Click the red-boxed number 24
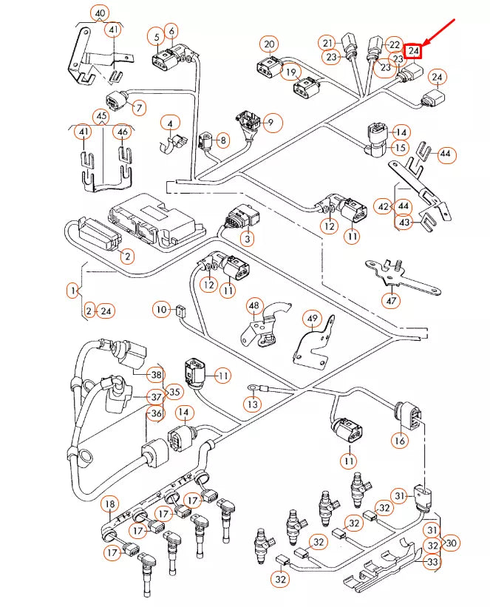coord(414,51)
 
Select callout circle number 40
coord(100,13)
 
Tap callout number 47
coord(390,300)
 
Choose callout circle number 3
coord(246,238)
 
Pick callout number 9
coord(270,122)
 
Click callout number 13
coord(253,404)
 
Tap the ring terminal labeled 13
coord(252,386)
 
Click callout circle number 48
coord(255,305)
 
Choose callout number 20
coord(269,44)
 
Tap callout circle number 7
coord(138,108)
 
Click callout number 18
coord(109,505)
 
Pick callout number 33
coord(432,562)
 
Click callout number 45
coord(101,116)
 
